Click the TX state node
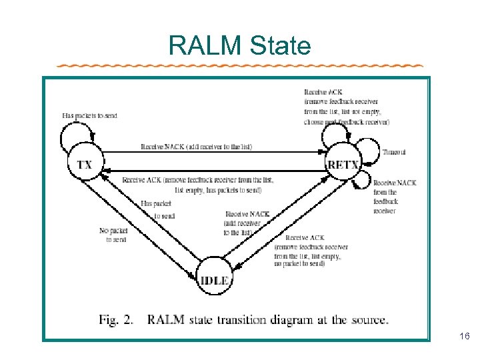85,164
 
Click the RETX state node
343,164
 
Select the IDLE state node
215,281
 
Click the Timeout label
394,153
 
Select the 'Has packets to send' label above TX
89,115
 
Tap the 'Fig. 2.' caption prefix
117,320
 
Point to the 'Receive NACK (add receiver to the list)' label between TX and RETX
196,147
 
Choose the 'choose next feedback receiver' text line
347,122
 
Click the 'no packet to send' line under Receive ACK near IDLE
299,264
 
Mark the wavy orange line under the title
240,66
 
